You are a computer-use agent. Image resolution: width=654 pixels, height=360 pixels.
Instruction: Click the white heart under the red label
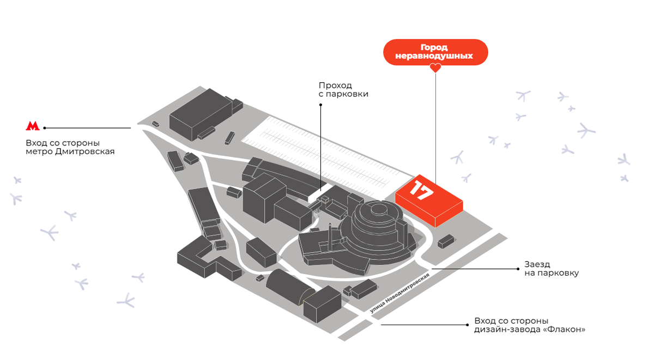[435, 68]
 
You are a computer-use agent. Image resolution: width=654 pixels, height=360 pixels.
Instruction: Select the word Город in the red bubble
[435, 47]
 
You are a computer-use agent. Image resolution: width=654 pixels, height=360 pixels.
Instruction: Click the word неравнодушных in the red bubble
[435, 56]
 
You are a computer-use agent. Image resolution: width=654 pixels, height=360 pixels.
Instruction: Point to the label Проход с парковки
[343, 90]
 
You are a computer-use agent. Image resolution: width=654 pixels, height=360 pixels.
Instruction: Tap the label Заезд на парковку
[552, 269]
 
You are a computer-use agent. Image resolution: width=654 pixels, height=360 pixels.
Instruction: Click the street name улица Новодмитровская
[399, 293]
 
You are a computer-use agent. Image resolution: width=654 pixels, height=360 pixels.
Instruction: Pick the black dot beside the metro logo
[45, 128]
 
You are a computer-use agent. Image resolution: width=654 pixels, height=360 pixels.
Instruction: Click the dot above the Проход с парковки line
[320, 106]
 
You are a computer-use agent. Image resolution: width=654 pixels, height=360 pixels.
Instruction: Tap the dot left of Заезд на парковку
[517, 269]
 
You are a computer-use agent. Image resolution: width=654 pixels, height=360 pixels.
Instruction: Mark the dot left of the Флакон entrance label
[469, 325]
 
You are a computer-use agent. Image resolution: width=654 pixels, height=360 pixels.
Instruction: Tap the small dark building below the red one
[445, 241]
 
